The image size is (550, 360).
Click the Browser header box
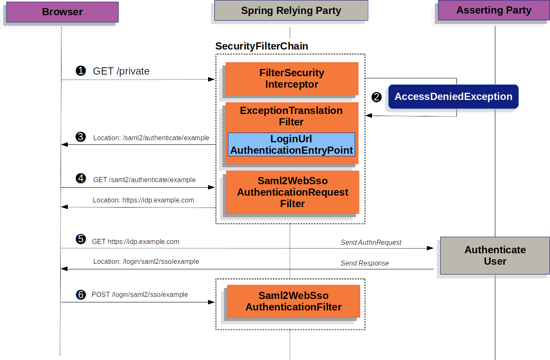pos(62,12)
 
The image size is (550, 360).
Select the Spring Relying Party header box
pos(291,11)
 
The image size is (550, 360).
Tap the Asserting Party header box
pos(494,10)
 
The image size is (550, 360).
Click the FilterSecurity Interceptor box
pos(292,79)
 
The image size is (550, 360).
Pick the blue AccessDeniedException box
pos(453,97)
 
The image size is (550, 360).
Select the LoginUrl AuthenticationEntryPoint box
pos(292,144)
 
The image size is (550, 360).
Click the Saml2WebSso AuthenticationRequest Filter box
pos(292,192)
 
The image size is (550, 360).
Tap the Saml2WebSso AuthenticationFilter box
pos(293,301)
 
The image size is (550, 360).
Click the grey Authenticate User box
pos(495,255)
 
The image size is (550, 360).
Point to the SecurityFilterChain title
pos(262,46)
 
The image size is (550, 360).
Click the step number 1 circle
pos(81,71)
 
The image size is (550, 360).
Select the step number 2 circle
pos(376,97)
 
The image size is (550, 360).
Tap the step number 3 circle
pos(81,137)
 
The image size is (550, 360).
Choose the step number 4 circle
pos(81,179)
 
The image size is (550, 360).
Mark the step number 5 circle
pos(81,239)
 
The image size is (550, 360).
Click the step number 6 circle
pos(81,295)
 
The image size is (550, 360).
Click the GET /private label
pos(121,71)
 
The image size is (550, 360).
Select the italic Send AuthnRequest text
pos(371,243)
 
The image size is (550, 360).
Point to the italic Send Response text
pos(365,263)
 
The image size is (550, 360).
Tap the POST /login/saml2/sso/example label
pos(140,294)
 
